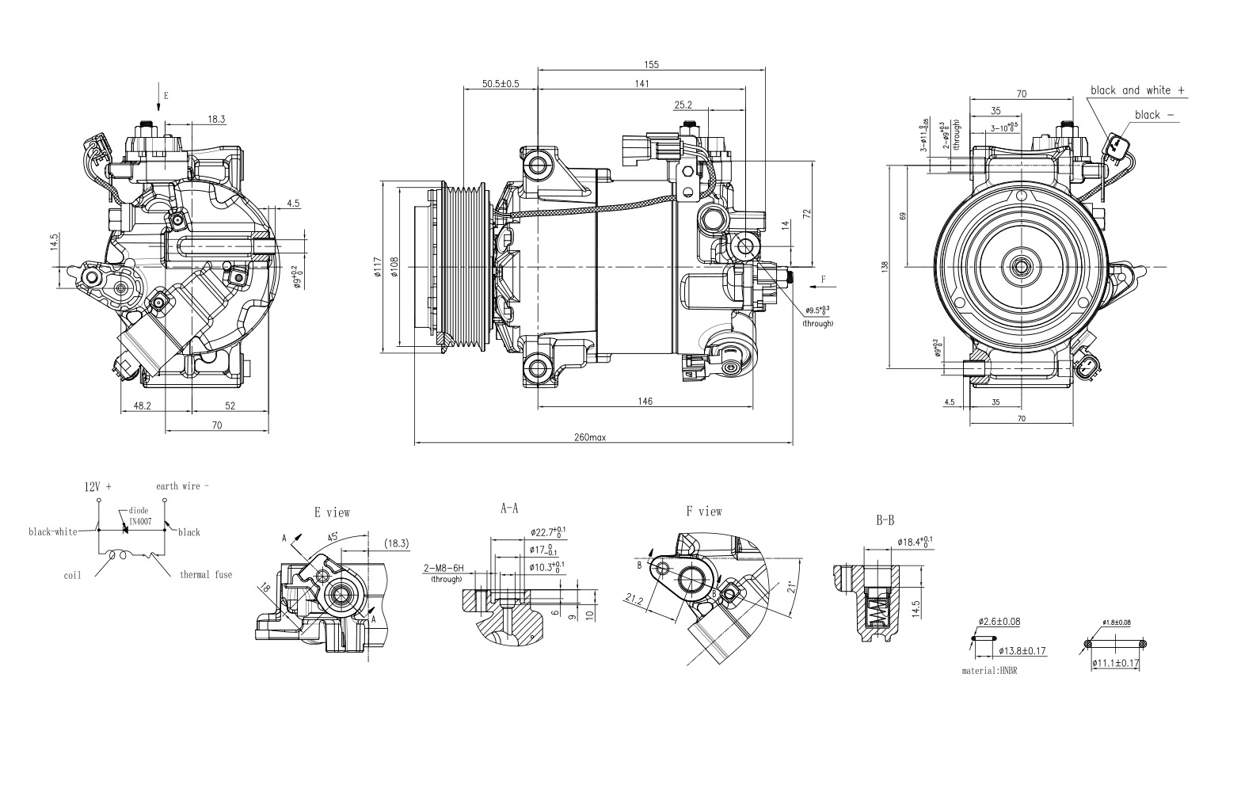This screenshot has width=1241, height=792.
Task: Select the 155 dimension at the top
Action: pyautogui.click(x=651, y=65)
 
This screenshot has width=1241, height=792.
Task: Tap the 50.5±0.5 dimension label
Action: pyautogui.click(x=500, y=84)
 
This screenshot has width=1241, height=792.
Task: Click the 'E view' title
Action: pyautogui.click(x=332, y=512)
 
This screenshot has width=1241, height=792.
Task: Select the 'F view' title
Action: pyautogui.click(x=704, y=512)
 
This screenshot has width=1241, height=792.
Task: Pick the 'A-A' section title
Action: pyautogui.click(x=509, y=509)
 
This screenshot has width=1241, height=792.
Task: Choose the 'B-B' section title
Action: pyautogui.click(x=885, y=521)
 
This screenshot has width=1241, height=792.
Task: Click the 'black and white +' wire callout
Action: pyautogui.click(x=1137, y=90)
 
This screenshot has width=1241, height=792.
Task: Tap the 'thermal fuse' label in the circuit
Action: pyautogui.click(x=206, y=574)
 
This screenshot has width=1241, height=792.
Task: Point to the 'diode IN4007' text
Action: pyautogui.click(x=139, y=516)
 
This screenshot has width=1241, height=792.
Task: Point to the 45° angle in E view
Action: pyautogui.click(x=334, y=536)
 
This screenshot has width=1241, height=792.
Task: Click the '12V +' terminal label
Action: pyautogui.click(x=98, y=487)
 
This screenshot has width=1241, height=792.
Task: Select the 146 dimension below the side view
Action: pyautogui.click(x=645, y=402)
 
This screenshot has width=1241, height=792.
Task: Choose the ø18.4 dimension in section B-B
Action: pyautogui.click(x=915, y=542)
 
